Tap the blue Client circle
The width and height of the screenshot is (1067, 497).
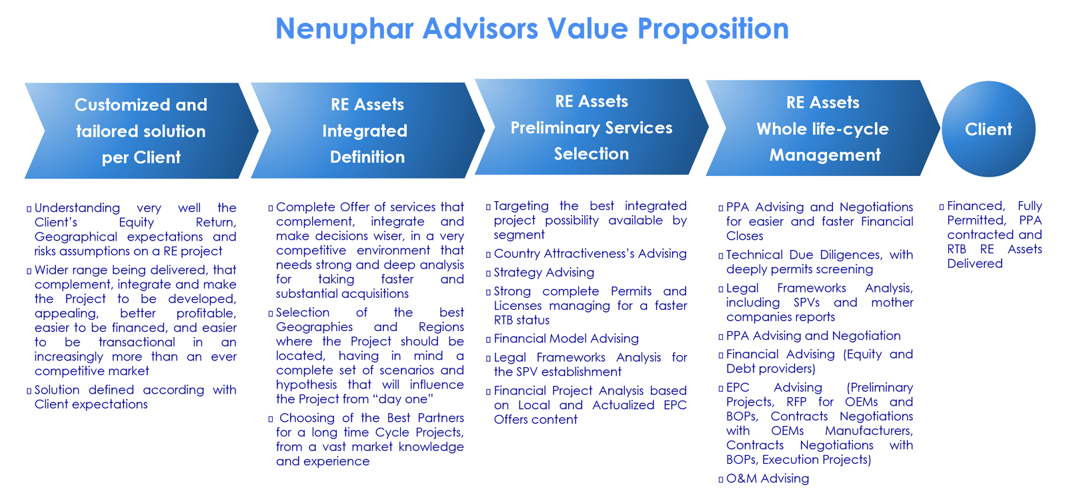[x=988, y=129]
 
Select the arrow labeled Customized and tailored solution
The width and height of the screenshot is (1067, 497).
[x=141, y=131]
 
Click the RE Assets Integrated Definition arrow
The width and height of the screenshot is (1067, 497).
[x=367, y=131]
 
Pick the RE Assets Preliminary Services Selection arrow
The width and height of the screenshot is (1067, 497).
[x=592, y=127]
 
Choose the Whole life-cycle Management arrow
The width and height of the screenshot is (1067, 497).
[x=823, y=129]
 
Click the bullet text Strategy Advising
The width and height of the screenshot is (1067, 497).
[x=544, y=272]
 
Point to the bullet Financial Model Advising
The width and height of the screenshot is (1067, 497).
[x=566, y=338]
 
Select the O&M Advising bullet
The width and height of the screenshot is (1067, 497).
[x=768, y=478]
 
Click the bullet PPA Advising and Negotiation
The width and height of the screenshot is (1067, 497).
[x=813, y=336]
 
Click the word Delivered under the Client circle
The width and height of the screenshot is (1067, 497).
[x=974, y=263]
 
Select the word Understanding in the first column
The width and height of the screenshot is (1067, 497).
[x=77, y=208]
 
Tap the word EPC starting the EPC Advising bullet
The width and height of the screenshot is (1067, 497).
[x=738, y=388]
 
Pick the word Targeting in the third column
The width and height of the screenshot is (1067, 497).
[x=521, y=206]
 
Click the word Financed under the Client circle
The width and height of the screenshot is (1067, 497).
[x=976, y=206]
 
